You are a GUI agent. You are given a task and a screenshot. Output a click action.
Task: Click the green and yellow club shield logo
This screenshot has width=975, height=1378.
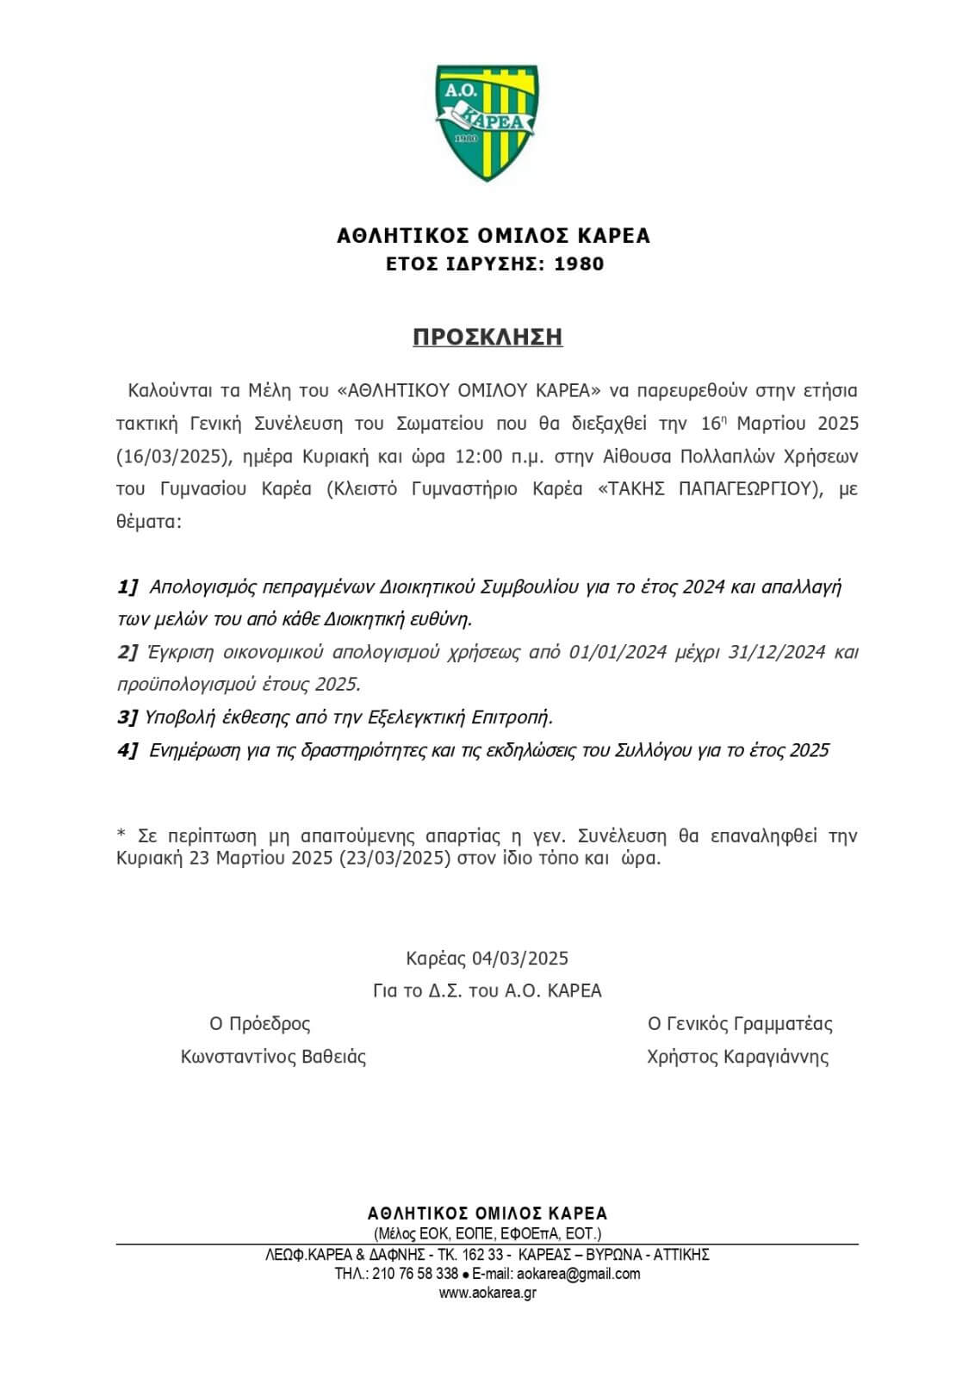pyautogui.click(x=487, y=123)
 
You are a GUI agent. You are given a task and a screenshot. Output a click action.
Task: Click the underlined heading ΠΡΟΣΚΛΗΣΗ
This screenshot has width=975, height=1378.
pyautogui.click(x=487, y=337)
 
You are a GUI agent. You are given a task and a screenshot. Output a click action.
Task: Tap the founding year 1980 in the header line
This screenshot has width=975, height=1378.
pyautogui.click(x=579, y=264)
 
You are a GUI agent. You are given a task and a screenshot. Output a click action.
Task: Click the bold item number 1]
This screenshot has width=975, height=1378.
pyautogui.click(x=127, y=587)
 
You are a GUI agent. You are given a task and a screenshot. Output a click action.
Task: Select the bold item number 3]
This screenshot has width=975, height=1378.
pyautogui.click(x=127, y=717)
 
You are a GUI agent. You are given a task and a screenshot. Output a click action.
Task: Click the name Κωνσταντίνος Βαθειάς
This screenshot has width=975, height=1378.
pyautogui.click(x=273, y=1057)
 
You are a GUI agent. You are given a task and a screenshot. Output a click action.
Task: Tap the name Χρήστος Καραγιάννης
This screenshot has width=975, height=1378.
pyautogui.click(x=738, y=1057)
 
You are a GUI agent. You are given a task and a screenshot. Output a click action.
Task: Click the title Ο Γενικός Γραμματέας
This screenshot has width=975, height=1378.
pyautogui.click(x=740, y=1024)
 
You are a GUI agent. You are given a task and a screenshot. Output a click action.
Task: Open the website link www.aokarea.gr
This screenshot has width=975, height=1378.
pyautogui.click(x=487, y=1293)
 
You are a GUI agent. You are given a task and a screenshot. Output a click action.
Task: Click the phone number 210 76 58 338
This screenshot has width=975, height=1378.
pyautogui.click(x=415, y=1274)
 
